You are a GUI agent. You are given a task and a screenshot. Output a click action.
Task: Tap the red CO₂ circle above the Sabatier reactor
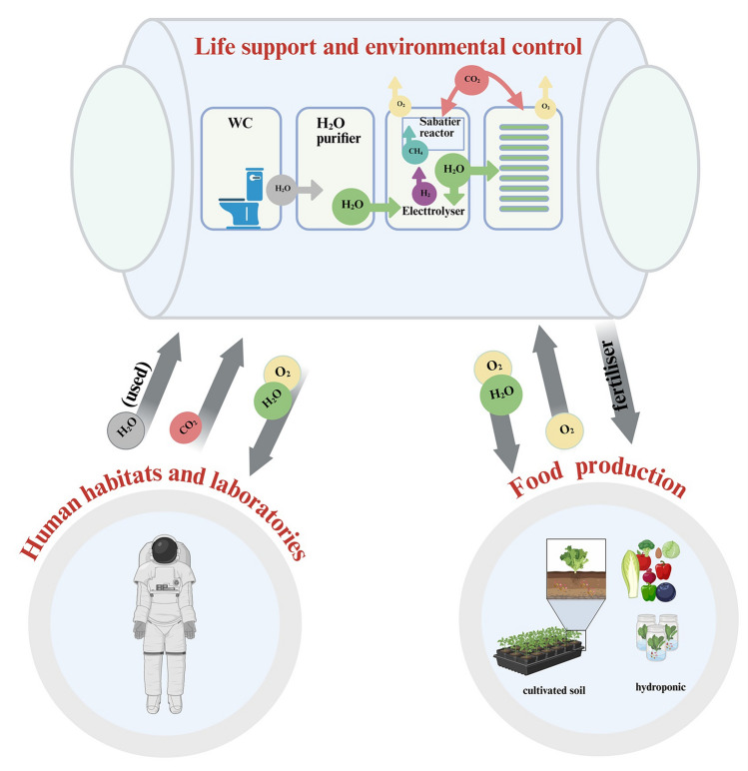click(471, 79)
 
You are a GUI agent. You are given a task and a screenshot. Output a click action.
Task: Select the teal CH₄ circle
click(415, 151)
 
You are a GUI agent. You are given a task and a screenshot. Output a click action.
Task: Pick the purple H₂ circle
click(424, 193)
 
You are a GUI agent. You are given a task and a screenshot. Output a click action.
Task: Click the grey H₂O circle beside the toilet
click(282, 189)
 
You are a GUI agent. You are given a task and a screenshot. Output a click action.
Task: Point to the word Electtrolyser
click(433, 211)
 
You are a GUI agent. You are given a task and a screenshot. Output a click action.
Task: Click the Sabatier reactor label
click(439, 127)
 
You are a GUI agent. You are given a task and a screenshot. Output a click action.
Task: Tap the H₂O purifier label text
click(339, 131)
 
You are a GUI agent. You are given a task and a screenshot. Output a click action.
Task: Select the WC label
click(240, 123)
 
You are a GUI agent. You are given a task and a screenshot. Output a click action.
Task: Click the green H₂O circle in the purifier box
click(352, 206)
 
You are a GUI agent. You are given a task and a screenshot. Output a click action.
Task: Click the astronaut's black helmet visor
click(164, 550)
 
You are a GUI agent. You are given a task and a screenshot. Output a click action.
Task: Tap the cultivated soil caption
click(553, 690)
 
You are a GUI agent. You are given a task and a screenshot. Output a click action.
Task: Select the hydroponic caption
click(660, 687)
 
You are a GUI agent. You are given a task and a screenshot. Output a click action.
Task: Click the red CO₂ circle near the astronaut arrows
click(186, 427)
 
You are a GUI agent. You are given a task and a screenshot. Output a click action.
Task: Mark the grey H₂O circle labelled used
click(126, 430)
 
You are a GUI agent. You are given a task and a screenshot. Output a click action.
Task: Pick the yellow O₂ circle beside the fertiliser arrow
click(564, 431)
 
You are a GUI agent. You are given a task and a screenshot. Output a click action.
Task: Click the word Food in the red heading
click(535, 479)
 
